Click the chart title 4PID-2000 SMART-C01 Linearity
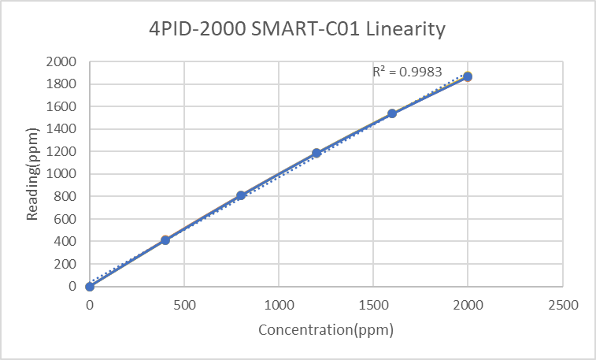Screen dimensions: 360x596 point(298,30)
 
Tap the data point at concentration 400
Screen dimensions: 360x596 point(165,240)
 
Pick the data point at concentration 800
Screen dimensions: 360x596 point(241,195)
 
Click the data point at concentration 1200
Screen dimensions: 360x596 point(317,153)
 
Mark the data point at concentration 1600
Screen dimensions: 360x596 point(392,113)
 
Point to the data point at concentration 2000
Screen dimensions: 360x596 point(468,76)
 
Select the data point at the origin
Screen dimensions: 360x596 point(90,287)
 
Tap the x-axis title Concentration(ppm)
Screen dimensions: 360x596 point(326,330)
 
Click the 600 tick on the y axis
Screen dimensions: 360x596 point(66,219)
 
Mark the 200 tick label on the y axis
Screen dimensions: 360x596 point(66,264)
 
